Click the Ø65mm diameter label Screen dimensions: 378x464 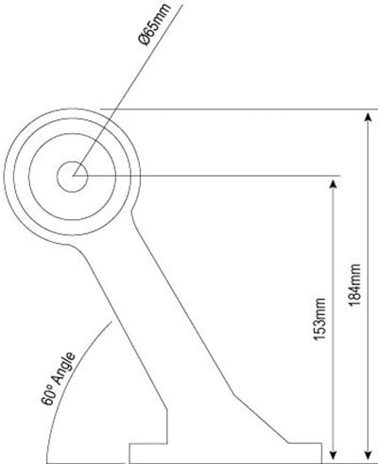coord(155,25)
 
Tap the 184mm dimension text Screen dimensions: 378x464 coord(354,284)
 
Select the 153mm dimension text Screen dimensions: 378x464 coord(319,319)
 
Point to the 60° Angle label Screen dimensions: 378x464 coord(59,378)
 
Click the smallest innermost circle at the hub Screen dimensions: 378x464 coord(72,162)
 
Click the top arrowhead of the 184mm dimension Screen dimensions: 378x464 coord(368,119)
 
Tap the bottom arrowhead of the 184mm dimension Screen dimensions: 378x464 coord(368,455)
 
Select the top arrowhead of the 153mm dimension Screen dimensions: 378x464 coord(333,185)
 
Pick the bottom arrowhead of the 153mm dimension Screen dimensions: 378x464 coord(333,455)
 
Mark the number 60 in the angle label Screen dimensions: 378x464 coord(47,399)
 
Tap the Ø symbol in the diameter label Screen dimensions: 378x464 coord(145,40)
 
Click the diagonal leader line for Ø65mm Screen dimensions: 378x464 coord(128,90)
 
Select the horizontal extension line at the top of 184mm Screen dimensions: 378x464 coord(239,110)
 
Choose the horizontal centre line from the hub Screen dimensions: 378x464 coord(206,176)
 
